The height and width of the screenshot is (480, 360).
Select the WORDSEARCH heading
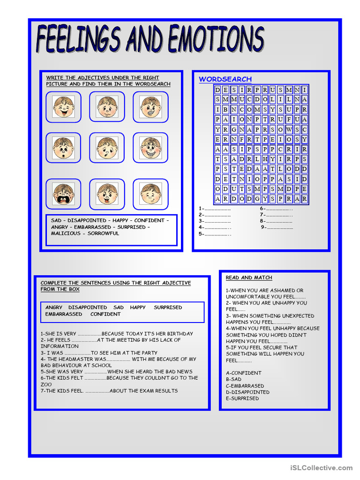pos(225,79)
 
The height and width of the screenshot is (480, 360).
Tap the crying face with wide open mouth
pos(63,194)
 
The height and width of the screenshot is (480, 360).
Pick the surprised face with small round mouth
pos(63,148)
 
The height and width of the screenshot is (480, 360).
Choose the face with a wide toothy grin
pos(150,148)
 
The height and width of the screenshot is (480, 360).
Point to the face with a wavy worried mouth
pos(107,107)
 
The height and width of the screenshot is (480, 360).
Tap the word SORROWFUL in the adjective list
pos(103,233)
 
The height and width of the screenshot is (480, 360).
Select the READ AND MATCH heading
pos(249,278)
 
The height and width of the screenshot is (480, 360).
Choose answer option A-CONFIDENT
pos(244,373)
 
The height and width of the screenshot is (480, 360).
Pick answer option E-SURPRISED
pos(242,398)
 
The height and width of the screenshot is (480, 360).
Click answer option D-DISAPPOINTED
pos(247,392)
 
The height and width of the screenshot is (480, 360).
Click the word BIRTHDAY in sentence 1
pos(180,334)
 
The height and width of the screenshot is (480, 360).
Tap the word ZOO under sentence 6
pos(46,384)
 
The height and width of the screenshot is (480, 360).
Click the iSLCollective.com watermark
pos(321,468)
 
